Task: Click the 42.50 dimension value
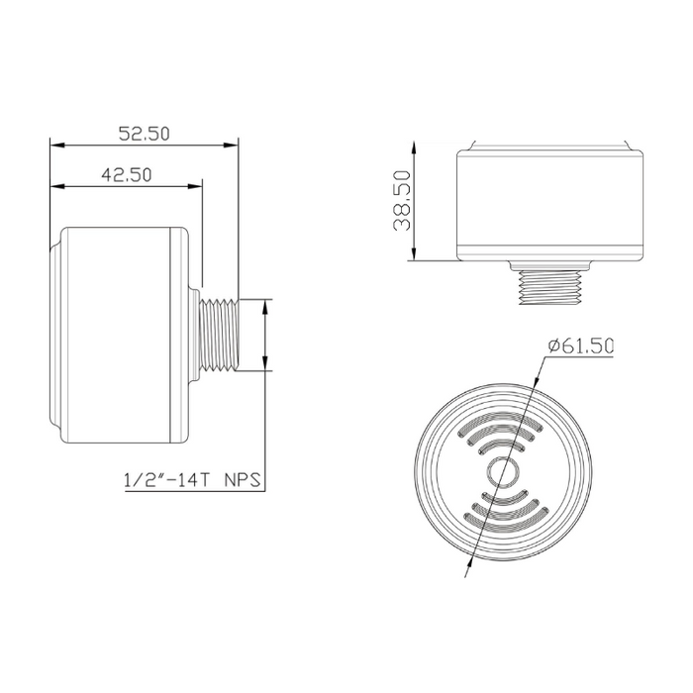pyautogui.click(x=126, y=173)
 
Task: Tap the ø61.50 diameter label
pyautogui.click(x=581, y=346)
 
